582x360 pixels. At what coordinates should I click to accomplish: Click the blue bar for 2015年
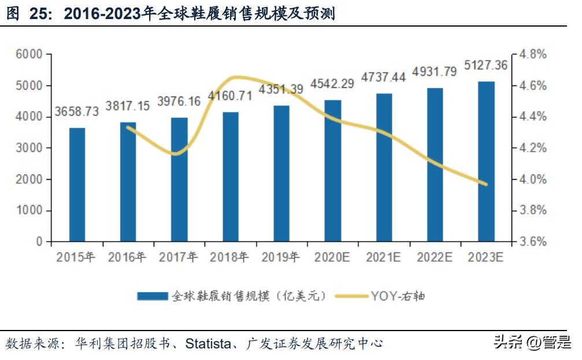pos(77,184)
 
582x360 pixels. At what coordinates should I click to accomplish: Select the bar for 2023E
pos(486,161)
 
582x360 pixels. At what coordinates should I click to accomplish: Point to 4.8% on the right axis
pos(532,54)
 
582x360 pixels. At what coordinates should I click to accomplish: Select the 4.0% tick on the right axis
pos(532,179)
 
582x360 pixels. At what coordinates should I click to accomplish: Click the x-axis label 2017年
pos(179,258)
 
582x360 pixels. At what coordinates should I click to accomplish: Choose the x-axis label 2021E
pos(383,258)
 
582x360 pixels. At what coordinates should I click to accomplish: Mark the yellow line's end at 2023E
pos(486,184)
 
